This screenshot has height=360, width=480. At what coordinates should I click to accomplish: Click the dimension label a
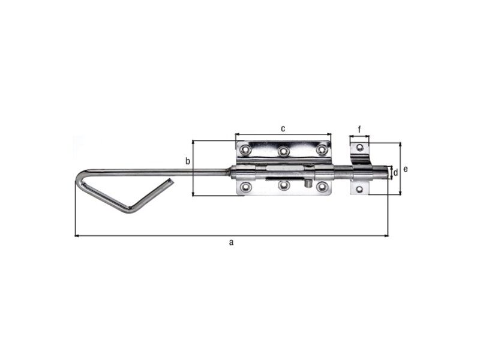[232, 242]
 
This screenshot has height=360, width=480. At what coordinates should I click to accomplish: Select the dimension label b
[188, 161]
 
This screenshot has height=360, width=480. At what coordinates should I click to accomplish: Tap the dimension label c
[283, 128]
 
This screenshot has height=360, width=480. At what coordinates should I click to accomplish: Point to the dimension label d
[395, 173]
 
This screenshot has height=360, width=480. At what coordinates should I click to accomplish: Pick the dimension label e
[406, 169]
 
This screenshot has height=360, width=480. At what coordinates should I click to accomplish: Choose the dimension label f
[359, 130]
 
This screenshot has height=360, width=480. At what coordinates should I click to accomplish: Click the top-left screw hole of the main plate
[245, 149]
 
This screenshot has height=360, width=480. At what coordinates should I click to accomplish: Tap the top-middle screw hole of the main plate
[283, 151]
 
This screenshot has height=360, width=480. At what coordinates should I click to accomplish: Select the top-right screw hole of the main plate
[322, 149]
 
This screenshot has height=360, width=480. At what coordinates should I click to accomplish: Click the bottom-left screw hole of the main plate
[245, 186]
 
